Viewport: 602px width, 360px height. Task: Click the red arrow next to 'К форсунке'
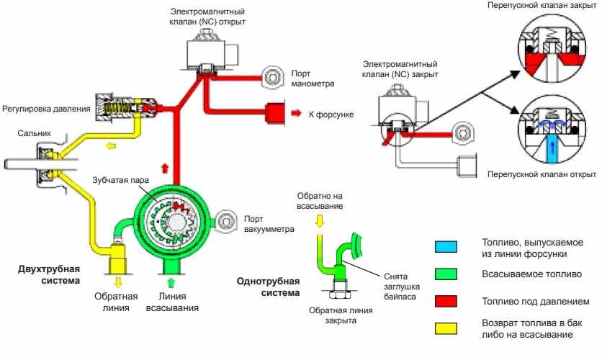click(296, 114)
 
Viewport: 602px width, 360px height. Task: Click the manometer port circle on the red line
click(273, 77)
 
